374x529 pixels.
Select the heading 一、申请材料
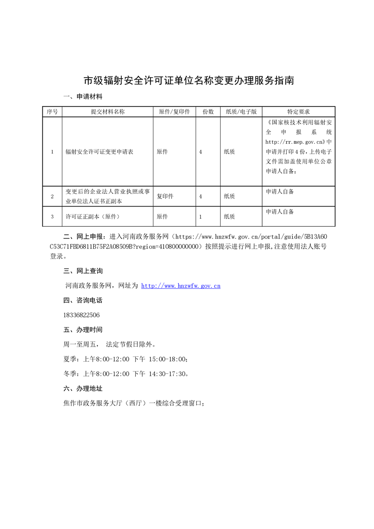[x=83, y=97]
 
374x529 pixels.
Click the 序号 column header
[x=52, y=112]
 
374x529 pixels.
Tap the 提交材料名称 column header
[x=108, y=112]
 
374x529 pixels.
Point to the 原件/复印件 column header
[x=174, y=112]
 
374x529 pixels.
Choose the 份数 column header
[x=208, y=112]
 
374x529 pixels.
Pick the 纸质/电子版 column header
[x=241, y=112]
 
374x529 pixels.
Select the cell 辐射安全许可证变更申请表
[x=100, y=152]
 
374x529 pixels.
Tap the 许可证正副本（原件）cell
[x=93, y=216]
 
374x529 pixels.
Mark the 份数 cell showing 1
[x=201, y=216]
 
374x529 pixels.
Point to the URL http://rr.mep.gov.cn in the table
[x=294, y=141]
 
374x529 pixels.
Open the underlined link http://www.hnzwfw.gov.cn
[x=181, y=286]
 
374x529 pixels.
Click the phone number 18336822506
[x=81, y=315]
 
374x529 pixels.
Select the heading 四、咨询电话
[x=83, y=300]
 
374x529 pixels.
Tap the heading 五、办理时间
[x=83, y=330]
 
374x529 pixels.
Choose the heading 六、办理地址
[x=83, y=388]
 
